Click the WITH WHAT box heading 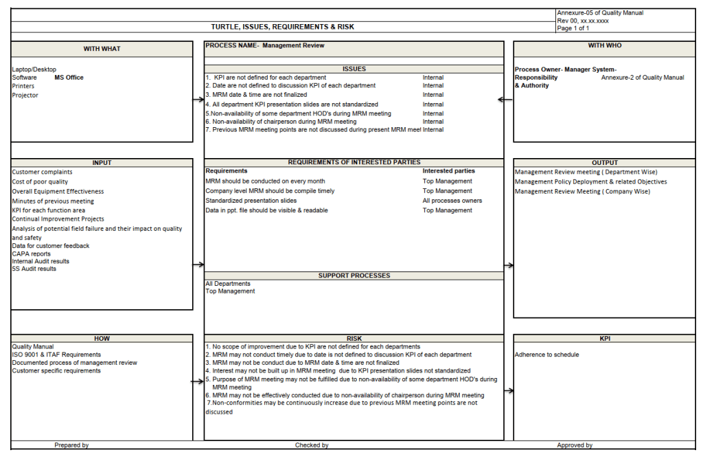point(102,49)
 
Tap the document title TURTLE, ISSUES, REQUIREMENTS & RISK point(283,27)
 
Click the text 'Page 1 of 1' point(574,28)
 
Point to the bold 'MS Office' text point(69,78)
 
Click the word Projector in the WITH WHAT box point(25,96)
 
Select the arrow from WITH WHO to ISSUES point(505,100)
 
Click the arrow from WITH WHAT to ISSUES point(199,100)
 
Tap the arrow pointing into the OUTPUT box point(509,265)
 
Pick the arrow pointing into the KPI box point(509,391)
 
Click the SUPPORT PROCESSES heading point(354,276)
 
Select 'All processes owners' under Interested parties point(452,201)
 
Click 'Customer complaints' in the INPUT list point(42,172)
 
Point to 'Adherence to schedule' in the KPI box point(546,355)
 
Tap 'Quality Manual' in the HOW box point(32,347)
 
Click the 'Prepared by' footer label point(71,445)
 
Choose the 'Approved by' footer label point(575,445)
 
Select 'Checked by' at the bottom point(312,445)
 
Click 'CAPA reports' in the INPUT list point(32,254)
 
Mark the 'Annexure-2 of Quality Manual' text point(643,78)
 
